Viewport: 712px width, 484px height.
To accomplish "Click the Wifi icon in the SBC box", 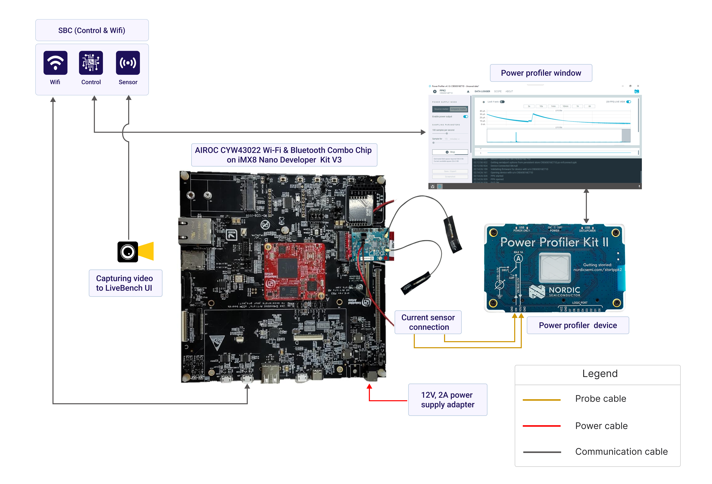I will (x=55, y=63).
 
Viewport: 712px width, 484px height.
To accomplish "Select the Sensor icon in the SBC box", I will (x=128, y=63).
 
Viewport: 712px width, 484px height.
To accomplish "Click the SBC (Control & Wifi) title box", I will (x=92, y=30).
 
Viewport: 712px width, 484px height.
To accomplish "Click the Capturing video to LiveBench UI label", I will (x=125, y=283).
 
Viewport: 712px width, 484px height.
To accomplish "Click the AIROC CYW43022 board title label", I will (x=284, y=155).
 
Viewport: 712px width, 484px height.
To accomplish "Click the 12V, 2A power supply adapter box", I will (x=448, y=400).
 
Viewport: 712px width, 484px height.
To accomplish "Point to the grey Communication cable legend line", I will (x=542, y=452).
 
